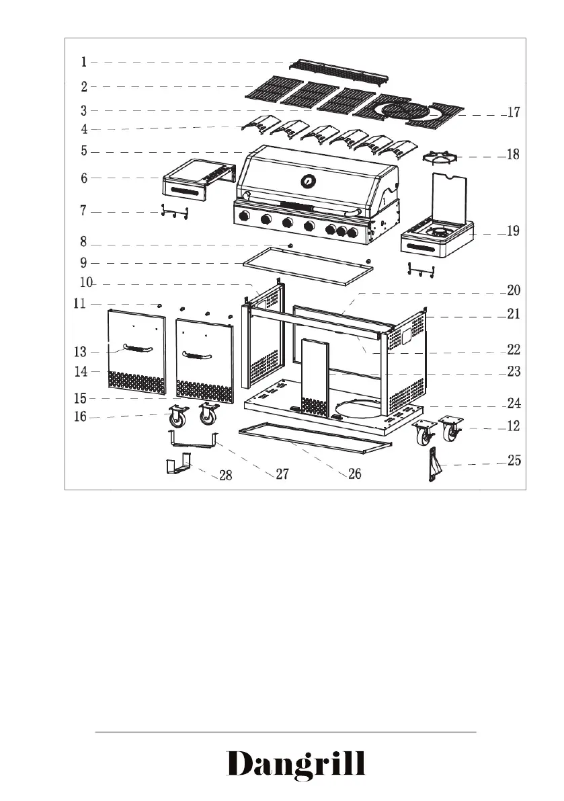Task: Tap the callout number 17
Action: [513, 113]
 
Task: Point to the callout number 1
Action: [84, 63]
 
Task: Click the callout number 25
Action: [514, 462]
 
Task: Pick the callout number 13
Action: [81, 351]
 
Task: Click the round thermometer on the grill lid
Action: [308, 181]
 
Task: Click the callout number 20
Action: [514, 291]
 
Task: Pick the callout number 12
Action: [513, 426]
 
